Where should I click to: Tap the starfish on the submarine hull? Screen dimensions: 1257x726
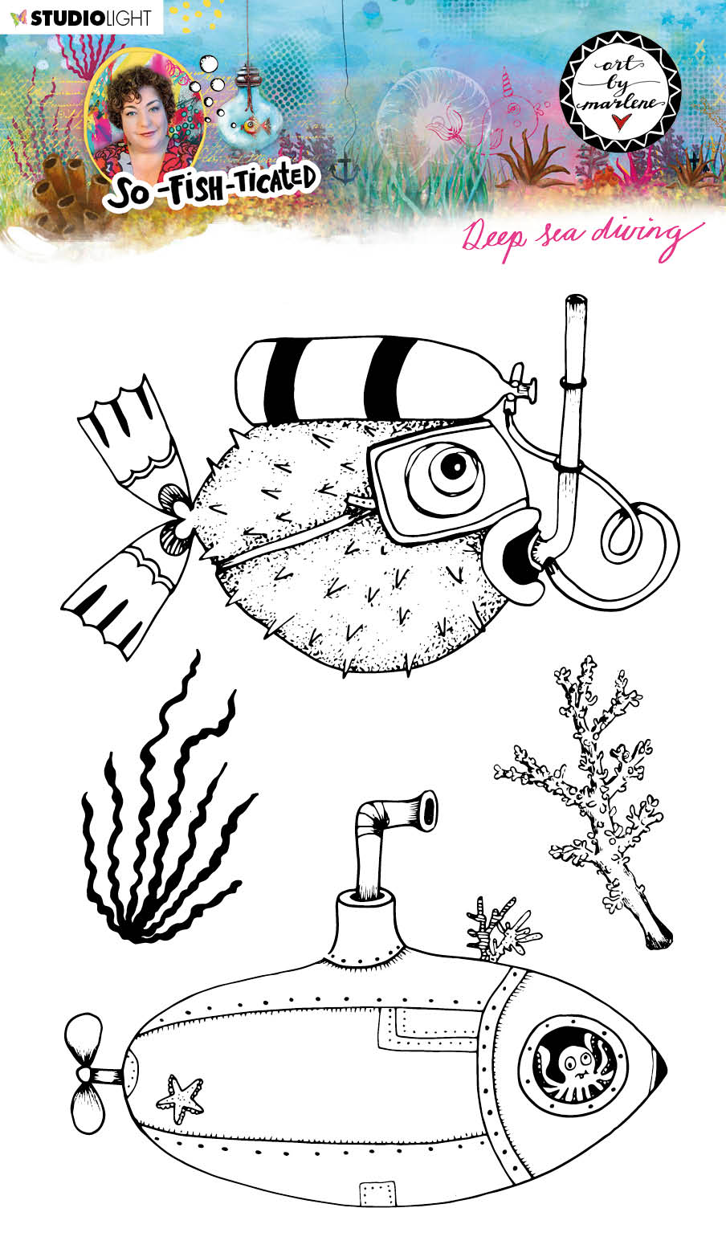click(181, 1099)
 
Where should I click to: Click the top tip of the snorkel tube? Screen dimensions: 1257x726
click(576, 303)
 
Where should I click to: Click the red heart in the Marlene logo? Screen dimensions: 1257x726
click(618, 119)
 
